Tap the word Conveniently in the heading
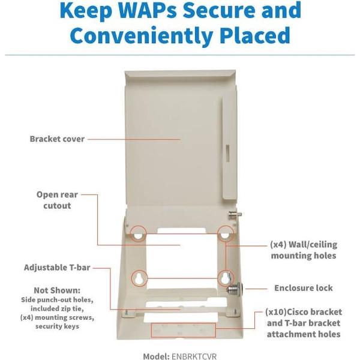pyautogui.click(x=141, y=35)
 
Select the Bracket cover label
pyautogui.click(x=57, y=139)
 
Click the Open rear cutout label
pyautogui.click(x=57, y=200)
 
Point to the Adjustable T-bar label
pyautogui.click(x=57, y=268)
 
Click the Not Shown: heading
pyautogui.click(x=57, y=290)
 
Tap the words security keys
pyautogui.click(x=57, y=326)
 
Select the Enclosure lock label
pyautogui.click(x=303, y=288)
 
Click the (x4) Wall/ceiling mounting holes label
pyautogui.click(x=304, y=250)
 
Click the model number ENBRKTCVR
pyautogui.click(x=194, y=356)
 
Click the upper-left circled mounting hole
pyautogui.click(x=138, y=234)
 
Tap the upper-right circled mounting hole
pyautogui.click(x=226, y=234)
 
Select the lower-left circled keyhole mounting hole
pyautogui.click(x=139, y=278)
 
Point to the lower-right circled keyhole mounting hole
pyautogui.click(x=226, y=278)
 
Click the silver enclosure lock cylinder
pyautogui.click(x=235, y=289)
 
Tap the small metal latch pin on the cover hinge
pyautogui.click(x=235, y=215)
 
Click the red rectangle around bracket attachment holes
pyautogui.click(x=183, y=330)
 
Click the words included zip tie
pyautogui.click(x=57, y=308)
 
